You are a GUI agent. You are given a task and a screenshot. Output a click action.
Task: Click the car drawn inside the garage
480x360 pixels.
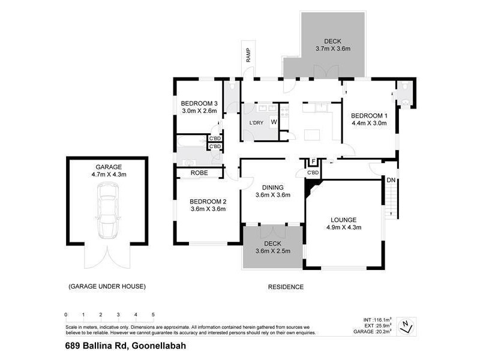[107, 210]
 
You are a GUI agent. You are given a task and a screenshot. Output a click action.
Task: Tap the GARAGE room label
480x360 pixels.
[108, 167]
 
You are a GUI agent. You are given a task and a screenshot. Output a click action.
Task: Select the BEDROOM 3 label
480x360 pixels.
[199, 103]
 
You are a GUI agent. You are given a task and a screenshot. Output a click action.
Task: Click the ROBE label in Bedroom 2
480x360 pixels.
[199, 173]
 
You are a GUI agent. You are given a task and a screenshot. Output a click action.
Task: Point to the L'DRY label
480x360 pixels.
[256, 123]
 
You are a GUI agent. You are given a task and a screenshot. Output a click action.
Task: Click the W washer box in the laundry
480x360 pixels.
[274, 122]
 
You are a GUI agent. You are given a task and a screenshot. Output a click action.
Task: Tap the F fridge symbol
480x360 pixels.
[313, 162]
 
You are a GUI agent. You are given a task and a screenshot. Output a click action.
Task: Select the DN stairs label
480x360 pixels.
[391, 180]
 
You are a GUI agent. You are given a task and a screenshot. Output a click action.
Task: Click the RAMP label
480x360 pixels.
[247, 55]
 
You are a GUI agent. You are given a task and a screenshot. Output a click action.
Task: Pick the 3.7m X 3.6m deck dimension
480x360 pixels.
[332, 49]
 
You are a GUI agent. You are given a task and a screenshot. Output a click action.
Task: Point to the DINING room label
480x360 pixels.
[273, 187]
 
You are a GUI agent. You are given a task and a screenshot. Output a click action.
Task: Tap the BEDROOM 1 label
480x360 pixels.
[369, 115]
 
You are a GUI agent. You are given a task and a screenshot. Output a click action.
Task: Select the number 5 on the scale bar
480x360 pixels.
[153, 314]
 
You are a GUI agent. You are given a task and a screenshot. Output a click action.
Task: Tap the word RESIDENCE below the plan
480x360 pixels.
[285, 286]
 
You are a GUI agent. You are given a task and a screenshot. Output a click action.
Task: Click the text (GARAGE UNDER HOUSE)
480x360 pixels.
[107, 286]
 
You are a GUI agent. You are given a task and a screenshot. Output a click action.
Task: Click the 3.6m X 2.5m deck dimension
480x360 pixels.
[273, 250]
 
